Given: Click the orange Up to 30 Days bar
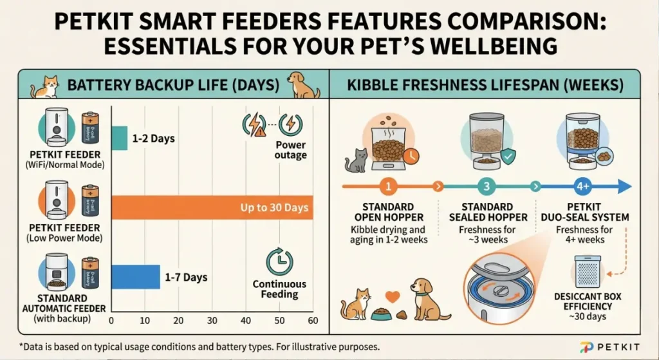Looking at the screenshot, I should click(x=212, y=207).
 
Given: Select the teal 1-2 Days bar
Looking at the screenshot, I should click(x=120, y=138).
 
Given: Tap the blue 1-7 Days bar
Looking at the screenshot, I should click(x=136, y=276).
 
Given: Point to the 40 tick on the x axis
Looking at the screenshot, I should click(x=246, y=321).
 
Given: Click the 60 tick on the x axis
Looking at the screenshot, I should click(x=313, y=321).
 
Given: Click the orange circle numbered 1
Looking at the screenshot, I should click(x=388, y=187).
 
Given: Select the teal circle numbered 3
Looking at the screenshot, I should click(x=487, y=187).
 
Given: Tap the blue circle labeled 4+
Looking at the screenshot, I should click(x=583, y=187).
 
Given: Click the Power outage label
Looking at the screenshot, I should click(x=291, y=150).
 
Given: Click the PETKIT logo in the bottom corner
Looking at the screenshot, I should click(x=611, y=346).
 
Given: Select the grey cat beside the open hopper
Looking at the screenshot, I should click(x=355, y=160).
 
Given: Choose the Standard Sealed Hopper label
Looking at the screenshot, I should click(x=487, y=212).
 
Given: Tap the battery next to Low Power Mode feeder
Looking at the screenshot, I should click(x=89, y=201).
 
